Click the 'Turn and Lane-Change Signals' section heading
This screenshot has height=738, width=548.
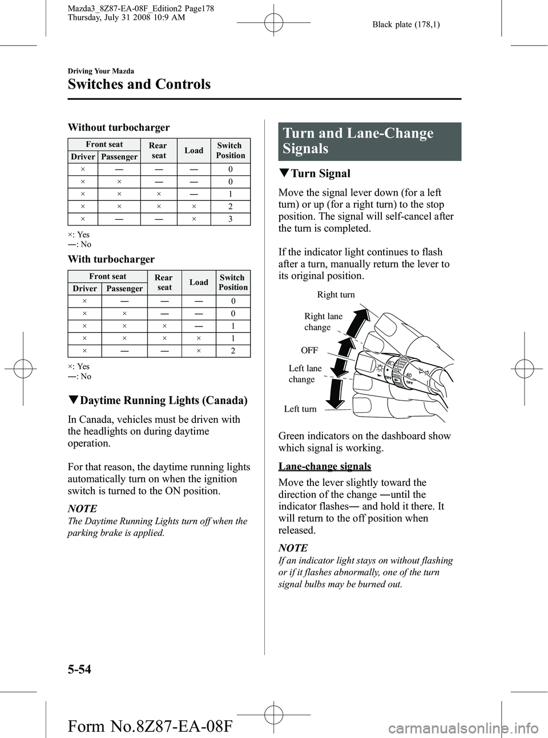[x=358, y=141]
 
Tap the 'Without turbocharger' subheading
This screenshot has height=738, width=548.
[x=119, y=127]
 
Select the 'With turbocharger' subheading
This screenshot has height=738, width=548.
[x=111, y=259]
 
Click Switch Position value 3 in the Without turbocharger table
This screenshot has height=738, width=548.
[x=231, y=219]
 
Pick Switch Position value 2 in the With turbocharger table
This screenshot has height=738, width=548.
[x=233, y=351]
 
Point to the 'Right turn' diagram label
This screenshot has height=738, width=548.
[x=336, y=295]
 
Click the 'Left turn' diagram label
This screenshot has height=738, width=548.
[x=300, y=409]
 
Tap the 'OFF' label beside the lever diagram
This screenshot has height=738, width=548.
[x=309, y=350]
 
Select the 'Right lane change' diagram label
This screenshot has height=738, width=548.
[x=323, y=322]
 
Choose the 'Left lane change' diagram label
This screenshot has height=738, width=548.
[x=305, y=374]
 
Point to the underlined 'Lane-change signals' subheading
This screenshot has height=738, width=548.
[x=325, y=466]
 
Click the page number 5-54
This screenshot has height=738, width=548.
[x=79, y=669]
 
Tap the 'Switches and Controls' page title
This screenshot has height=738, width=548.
[x=139, y=84]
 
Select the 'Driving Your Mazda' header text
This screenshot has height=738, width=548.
[x=101, y=71]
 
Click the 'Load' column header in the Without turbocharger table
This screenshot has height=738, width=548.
[x=194, y=150]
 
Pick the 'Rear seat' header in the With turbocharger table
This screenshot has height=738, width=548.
[x=164, y=283]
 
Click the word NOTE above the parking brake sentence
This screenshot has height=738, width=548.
[x=82, y=508]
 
